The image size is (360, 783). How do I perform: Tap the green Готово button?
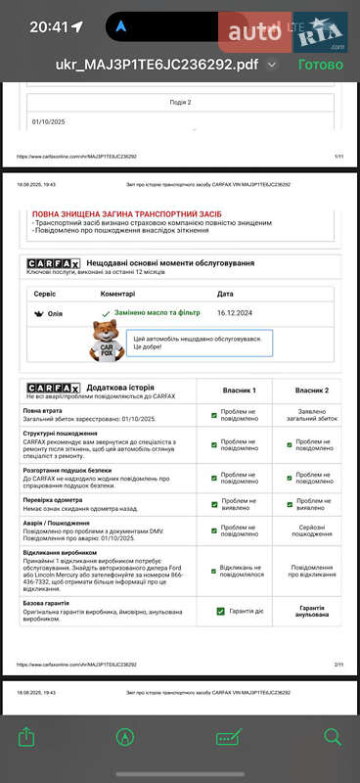(x=320, y=65)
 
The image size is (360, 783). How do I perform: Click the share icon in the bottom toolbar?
(x=26, y=737)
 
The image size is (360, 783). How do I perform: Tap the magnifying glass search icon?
(x=333, y=737)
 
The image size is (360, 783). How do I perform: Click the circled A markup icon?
(x=125, y=737)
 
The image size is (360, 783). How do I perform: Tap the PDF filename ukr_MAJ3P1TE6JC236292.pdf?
(x=157, y=65)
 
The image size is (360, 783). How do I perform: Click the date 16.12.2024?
(x=235, y=313)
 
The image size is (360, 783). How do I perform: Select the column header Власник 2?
(x=305, y=391)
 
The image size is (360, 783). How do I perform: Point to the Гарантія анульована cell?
(x=305, y=612)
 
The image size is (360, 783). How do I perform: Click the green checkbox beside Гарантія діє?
(x=221, y=612)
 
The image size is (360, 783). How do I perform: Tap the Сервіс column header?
(x=45, y=294)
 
